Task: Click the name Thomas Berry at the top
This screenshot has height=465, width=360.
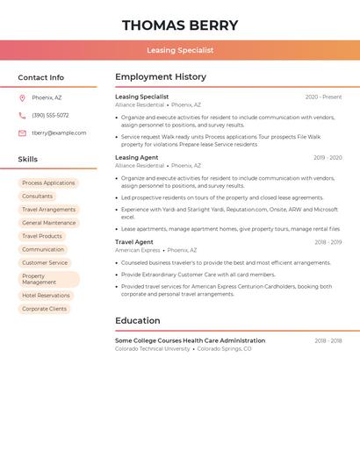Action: pyautogui.click(x=180, y=25)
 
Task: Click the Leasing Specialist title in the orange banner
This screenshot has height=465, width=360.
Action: pyautogui.click(x=180, y=50)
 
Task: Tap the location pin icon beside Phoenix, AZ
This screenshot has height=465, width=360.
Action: pyautogui.click(x=22, y=97)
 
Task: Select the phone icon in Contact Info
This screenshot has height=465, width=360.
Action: pyautogui.click(x=22, y=115)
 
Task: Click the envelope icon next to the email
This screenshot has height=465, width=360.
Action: pyautogui.click(x=22, y=133)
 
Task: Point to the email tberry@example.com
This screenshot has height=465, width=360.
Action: pyautogui.click(x=59, y=133)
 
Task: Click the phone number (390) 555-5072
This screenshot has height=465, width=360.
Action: pyautogui.click(x=50, y=115)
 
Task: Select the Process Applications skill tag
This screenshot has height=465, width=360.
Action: pyautogui.click(x=48, y=183)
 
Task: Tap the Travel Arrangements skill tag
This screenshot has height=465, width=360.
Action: pyautogui.click(x=48, y=210)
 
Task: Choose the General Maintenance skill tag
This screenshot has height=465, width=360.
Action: pyautogui.click(x=48, y=223)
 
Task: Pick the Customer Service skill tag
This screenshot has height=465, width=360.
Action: pyautogui.click(x=45, y=262)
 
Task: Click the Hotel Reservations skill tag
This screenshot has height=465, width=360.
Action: pyautogui.click(x=46, y=296)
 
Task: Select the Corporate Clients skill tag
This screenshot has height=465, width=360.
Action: pyautogui.click(x=44, y=309)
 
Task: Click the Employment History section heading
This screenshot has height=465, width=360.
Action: pyautogui.click(x=161, y=77)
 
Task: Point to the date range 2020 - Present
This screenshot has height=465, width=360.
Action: pyautogui.click(x=323, y=97)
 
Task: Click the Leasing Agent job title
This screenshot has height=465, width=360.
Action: pyautogui.click(x=137, y=158)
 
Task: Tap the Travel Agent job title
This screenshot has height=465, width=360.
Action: pyautogui.click(x=134, y=242)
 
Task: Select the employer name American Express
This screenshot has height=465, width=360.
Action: pyautogui.click(x=138, y=250)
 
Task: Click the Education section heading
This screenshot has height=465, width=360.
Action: pyautogui.click(x=138, y=320)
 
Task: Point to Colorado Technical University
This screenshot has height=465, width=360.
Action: pyautogui.click(x=153, y=348)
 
